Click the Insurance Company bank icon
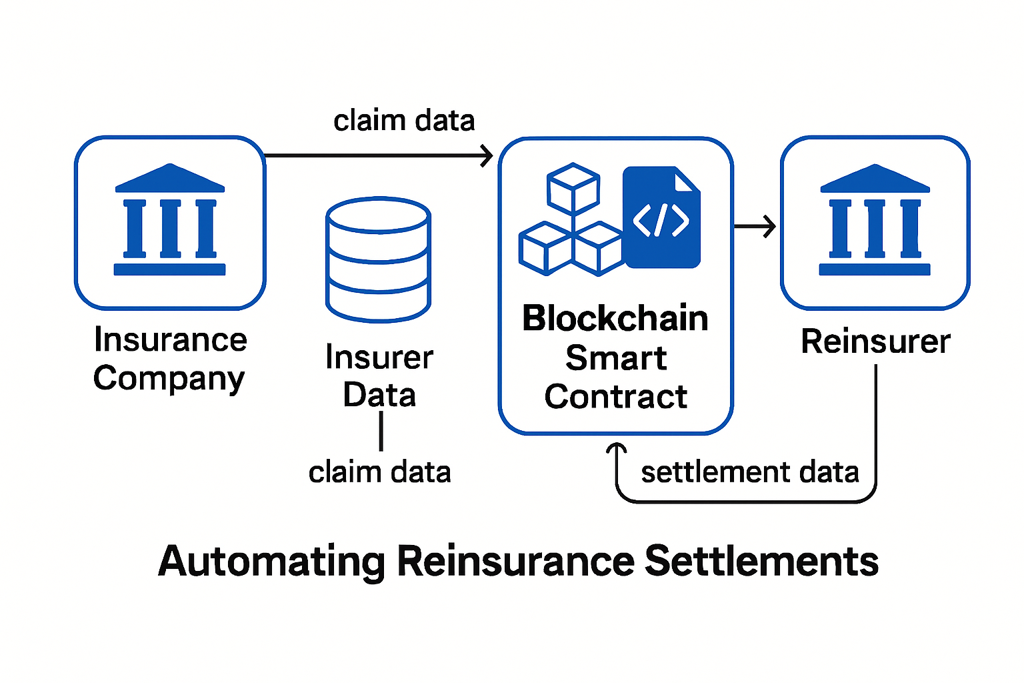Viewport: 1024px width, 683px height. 170,220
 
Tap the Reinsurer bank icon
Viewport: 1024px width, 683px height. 875,220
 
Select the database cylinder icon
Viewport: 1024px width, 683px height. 378,260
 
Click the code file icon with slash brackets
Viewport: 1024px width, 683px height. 661,218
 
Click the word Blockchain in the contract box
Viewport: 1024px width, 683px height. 615,318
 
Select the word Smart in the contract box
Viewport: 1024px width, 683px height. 615,358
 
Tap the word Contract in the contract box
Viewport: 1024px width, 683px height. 615,397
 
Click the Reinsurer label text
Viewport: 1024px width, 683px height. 875,341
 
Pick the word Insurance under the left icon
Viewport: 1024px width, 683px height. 171,340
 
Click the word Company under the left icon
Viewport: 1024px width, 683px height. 169,379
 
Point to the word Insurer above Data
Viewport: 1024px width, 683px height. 379,358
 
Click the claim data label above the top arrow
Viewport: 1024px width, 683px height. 404,121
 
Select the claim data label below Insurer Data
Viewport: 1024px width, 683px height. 379,472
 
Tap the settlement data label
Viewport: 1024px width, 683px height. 749,472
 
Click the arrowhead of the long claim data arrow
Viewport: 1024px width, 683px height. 487,156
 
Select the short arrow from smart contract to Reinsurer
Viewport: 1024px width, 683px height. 755,227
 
